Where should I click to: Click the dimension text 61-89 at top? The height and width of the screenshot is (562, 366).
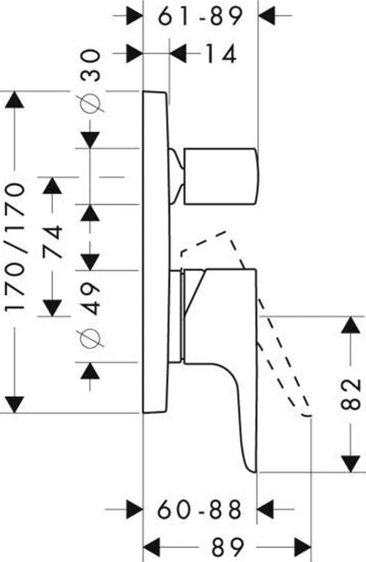(x=201, y=16)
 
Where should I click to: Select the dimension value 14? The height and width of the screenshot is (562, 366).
(x=220, y=53)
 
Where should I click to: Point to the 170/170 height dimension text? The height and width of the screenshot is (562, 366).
(x=15, y=247)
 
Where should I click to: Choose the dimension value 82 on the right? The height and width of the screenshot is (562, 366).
(x=350, y=394)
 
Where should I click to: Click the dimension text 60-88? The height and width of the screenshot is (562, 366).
(x=200, y=509)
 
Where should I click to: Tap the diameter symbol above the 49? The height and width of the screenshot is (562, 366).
(x=91, y=338)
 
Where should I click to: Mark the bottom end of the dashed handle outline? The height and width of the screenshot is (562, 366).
(x=307, y=415)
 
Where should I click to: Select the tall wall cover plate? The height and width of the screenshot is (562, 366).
(x=157, y=252)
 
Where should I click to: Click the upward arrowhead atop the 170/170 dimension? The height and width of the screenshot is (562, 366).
(x=15, y=100)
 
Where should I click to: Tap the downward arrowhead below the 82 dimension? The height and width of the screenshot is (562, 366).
(x=350, y=463)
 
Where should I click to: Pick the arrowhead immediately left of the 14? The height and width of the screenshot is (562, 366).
(x=178, y=53)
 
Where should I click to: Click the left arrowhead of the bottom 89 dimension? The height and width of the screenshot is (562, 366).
(x=152, y=547)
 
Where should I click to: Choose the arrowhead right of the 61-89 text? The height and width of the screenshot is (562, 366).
(x=266, y=16)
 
